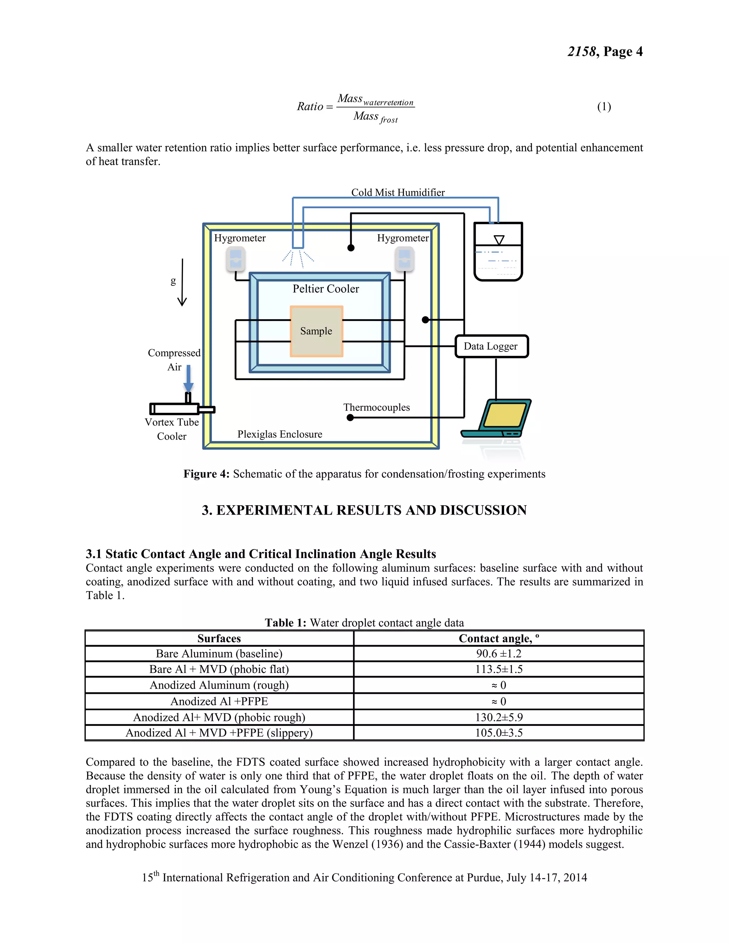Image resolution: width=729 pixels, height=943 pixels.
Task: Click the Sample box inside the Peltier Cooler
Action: pyautogui.click(x=316, y=331)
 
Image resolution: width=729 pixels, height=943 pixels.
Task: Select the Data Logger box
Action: pyautogui.click(x=492, y=346)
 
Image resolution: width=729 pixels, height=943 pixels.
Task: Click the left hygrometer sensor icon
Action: pyautogui.click(x=236, y=259)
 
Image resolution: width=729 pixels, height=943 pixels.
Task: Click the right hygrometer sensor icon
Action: pyautogui.click(x=404, y=259)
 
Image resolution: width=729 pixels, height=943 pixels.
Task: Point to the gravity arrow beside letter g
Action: pyautogui.click(x=182, y=283)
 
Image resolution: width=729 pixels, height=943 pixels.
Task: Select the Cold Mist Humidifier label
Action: pyautogui.click(x=398, y=193)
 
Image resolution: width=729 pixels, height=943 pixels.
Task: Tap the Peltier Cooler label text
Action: pyautogui.click(x=326, y=289)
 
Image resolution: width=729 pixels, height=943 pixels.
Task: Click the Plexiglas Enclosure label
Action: pyautogui.click(x=280, y=434)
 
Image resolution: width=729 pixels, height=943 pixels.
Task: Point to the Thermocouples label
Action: pyautogui.click(x=376, y=407)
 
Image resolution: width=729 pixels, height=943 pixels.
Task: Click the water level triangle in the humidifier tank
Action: pyautogui.click(x=499, y=239)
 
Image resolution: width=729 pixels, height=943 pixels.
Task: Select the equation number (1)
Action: pyautogui.click(x=604, y=107)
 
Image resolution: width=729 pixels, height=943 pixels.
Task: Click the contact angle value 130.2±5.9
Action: pyautogui.click(x=499, y=717)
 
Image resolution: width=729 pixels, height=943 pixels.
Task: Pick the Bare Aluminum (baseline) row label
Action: pyautogui.click(x=219, y=654)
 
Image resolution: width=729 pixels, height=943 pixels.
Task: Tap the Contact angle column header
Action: pyautogui.click(x=499, y=639)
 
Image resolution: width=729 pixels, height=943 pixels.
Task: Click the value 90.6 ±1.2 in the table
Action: pyautogui.click(x=499, y=654)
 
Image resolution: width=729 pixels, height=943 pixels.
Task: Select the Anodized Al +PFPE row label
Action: pyautogui.click(x=219, y=701)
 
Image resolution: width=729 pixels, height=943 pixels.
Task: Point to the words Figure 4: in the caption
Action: pyautogui.click(x=206, y=474)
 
